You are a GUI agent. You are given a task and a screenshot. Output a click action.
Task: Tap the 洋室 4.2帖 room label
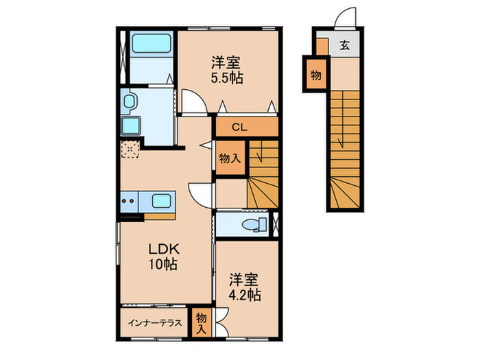click(244, 287)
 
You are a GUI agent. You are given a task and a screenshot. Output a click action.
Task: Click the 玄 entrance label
click(345, 47)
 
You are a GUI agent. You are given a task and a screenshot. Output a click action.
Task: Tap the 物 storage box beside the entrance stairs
click(315, 73)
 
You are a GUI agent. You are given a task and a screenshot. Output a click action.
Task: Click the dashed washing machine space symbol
click(130, 148)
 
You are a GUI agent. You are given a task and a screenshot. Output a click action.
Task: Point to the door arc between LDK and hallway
click(201, 195)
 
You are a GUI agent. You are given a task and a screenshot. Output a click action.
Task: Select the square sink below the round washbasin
click(130, 126)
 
